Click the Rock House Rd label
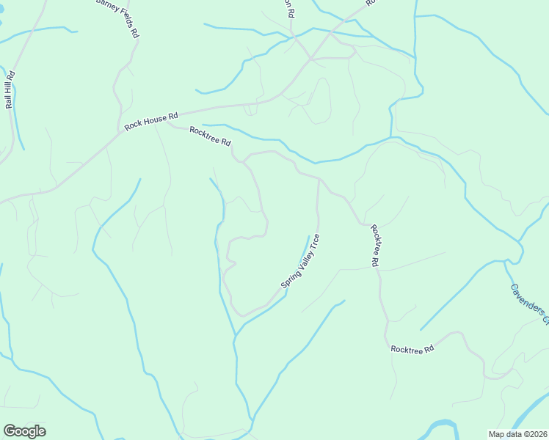click(x=151, y=121)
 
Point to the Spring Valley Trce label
click(x=300, y=261)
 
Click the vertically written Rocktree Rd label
click(x=374, y=245)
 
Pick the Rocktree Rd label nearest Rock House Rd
click(x=210, y=136)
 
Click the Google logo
click(x=24, y=431)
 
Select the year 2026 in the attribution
click(x=537, y=434)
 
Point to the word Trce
click(x=314, y=241)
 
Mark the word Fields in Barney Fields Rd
click(x=130, y=23)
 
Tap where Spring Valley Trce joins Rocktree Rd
click(x=319, y=178)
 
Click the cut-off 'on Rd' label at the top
click(x=291, y=9)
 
